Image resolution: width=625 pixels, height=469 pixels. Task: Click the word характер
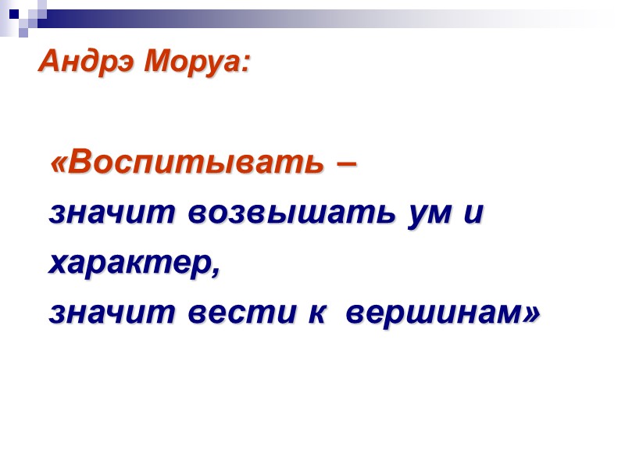128,264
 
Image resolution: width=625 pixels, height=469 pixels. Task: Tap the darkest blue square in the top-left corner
14,14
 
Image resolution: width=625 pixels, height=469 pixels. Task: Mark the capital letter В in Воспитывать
78,163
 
